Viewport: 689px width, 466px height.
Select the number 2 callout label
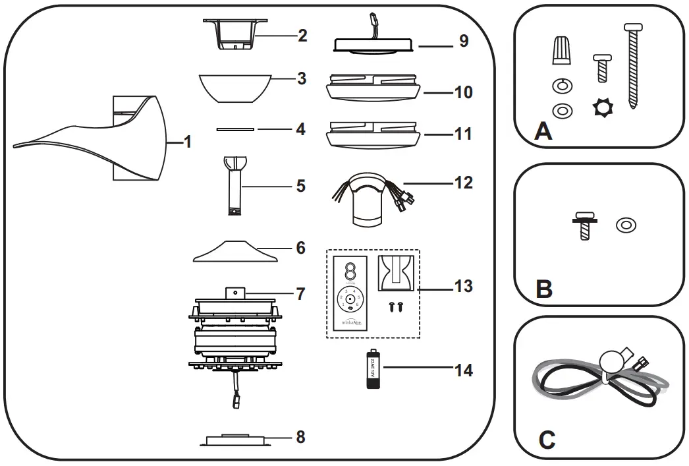coord(302,36)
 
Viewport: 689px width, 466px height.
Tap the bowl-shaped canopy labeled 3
coord(236,88)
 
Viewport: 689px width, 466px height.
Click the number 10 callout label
coord(463,92)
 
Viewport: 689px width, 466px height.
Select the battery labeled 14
coord(374,370)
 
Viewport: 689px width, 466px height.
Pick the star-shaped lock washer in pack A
coord(603,107)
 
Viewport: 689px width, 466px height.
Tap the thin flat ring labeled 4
coord(234,129)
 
